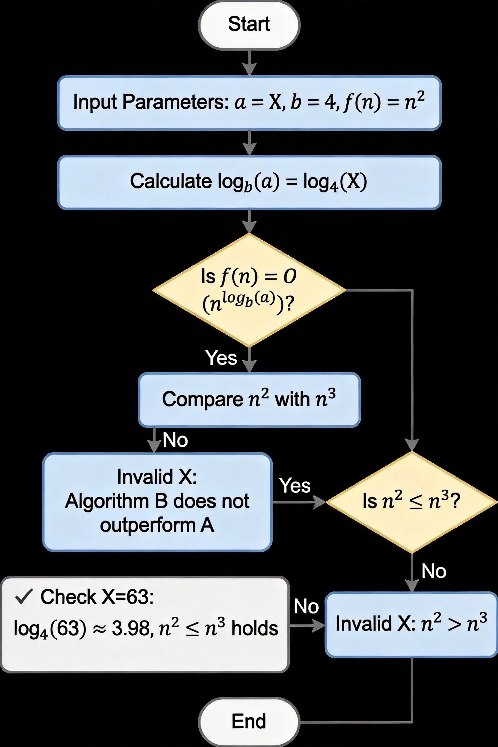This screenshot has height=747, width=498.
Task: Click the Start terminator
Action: click(249, 25)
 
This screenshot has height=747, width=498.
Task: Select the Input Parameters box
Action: click(249, 103)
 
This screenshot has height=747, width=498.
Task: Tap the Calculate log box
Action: click(249, 182)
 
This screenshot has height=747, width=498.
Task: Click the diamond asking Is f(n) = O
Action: click(249, 290)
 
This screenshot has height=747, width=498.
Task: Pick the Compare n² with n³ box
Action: click(249, 399)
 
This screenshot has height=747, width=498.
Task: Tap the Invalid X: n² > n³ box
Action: click(412, 624)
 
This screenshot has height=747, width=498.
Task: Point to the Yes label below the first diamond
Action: click(221, 358)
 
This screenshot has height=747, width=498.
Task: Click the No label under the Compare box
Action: click(175, 440)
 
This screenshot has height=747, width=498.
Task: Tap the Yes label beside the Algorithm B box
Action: click(295, 486)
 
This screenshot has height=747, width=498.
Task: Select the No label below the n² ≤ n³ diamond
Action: click(434, 571)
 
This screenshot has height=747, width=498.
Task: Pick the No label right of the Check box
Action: click(306, 607)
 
